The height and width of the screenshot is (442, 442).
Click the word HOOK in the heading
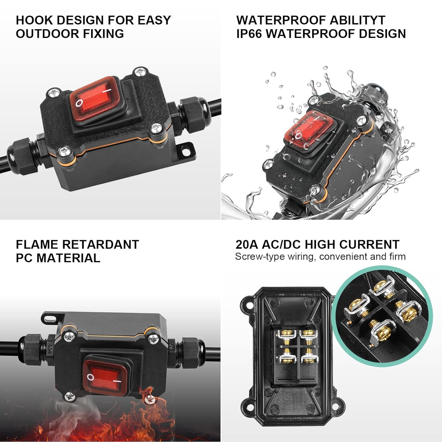34,20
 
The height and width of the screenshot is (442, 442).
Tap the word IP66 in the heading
249,34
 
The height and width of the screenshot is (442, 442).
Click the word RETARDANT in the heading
100,245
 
